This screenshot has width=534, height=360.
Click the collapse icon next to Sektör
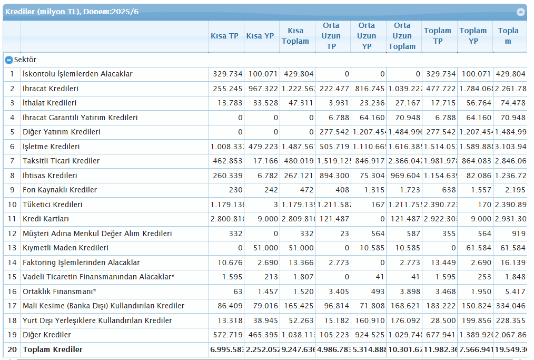coord(8,60)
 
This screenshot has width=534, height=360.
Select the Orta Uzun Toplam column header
coord(402,36)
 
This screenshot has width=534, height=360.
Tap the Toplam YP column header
coord(473,36)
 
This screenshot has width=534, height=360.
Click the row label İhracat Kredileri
coord(51,89)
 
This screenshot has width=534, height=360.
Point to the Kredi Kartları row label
coord(46,219)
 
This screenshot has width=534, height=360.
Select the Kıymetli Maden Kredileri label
coord(65,248)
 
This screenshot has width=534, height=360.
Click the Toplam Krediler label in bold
coord(53,349)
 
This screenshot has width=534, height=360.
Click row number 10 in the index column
coord(12,205)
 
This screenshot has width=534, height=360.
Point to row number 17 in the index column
coord(12,306)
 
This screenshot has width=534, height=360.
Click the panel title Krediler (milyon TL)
coord(72,12)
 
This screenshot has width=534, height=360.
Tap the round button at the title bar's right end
coord(521,12)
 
